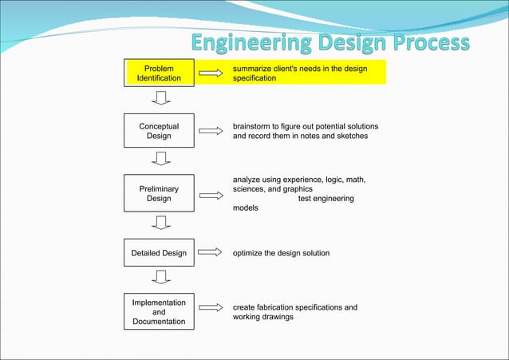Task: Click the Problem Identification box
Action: (159, 73)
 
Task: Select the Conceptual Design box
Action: (159, 131)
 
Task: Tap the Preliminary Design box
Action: (159, 194)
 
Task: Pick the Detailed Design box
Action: (159, 253)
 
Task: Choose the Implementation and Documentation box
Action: (159, 312)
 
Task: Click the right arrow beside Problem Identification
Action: (210, 73)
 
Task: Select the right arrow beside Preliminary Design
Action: (210, 194)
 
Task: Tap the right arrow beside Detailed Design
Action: (210, 253)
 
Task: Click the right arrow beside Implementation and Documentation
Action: (210, 308)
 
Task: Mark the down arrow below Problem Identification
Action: (161, 98)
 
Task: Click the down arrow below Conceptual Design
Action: (161, 159)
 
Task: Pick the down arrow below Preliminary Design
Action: (161, 223)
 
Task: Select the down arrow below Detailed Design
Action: (161, 277)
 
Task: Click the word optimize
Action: (250, 253)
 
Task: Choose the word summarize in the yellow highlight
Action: (255, 69)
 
